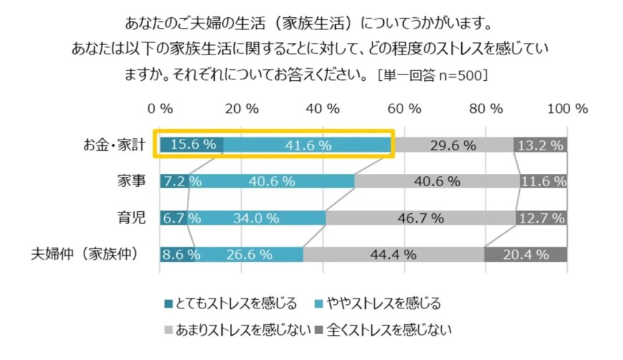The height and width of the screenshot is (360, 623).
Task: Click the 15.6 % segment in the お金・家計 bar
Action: pyautogui.click(x=191, y=145)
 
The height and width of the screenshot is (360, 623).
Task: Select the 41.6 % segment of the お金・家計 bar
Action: pyautogui.click(x=308, y=145)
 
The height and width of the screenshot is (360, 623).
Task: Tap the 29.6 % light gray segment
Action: pyautogui.click(x=453, y=145)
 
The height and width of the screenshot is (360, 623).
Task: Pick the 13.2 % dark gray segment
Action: pyautogui.click(x=541, y=145)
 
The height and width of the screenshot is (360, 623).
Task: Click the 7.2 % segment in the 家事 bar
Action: pyautogui.click(x=175, y=181)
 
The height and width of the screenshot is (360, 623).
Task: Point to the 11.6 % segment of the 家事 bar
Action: pyautogui.click(x=544, y=181)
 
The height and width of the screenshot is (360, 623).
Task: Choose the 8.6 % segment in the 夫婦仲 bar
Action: pyautogui.click(x=177, y=254)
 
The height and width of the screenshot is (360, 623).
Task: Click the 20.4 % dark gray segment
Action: pyautogui.click(x=526, y=254)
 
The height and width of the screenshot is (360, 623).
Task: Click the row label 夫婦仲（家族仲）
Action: pyautogui.click(x=88, y=254)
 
